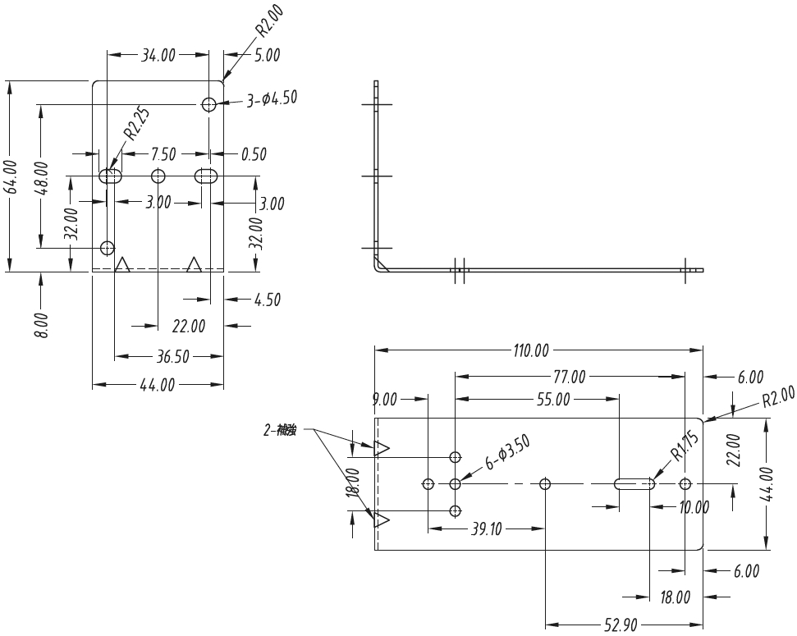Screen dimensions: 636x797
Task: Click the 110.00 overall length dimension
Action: click(531, 351)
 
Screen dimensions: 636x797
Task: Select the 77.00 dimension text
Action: click(569, 377)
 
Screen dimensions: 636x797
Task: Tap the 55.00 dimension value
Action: click(554, 400)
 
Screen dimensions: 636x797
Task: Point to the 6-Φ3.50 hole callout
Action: click(508, 453)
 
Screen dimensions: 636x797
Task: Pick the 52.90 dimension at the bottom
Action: click(621, 625)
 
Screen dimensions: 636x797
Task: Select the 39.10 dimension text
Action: click(485, 529)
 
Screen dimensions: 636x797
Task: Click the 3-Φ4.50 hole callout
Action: click(272, 99)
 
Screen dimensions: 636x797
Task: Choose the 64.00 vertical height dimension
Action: click(11, 176)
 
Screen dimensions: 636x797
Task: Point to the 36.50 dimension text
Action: click(173, 357)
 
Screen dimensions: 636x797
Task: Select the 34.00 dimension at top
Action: click(158, 56)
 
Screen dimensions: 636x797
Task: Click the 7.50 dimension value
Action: click(162, 154)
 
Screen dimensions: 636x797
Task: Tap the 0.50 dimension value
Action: click(254, 154)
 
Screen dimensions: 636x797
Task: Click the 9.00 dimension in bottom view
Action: click(384, 400)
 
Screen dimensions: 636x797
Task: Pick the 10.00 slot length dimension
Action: click(694, 507)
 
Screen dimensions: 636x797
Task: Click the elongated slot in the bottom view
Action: click(635, 483)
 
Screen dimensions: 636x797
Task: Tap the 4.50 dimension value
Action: click(267, 300)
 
